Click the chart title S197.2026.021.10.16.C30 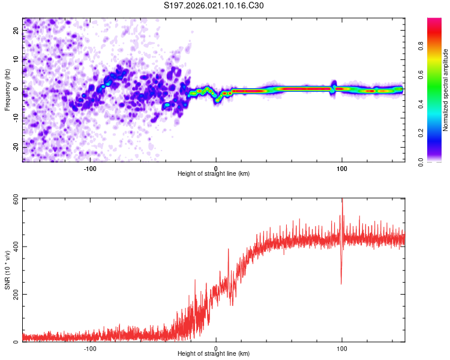(x=214, y=5)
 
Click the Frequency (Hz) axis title (x=7, y=90)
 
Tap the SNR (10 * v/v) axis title (x=7, y=270)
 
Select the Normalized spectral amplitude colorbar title (x=445, y=90)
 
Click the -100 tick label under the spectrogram (x=90, y=168)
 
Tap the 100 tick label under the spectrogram (x=342, y=168)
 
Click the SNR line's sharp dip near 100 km (x=341, y=283)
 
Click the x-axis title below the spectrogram (x=214, y=174)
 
